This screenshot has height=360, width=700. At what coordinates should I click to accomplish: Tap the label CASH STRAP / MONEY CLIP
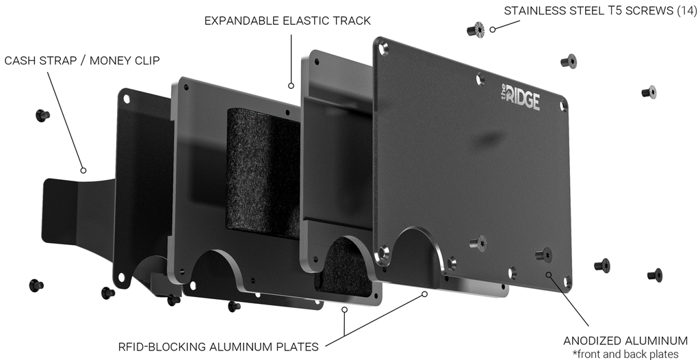(x=82, y=61)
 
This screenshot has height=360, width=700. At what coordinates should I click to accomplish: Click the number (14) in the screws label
(x=686, y=11)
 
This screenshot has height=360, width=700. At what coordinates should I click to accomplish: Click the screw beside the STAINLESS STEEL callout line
(x=475, y=29)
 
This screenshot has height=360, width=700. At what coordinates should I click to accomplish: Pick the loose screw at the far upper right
(x=649, y=92)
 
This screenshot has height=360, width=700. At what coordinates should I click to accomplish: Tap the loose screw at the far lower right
(x=655, y=274)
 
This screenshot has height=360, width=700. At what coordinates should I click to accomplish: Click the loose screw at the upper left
(x=42, y=115)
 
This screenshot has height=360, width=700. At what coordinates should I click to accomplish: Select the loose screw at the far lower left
(x=36, y=284)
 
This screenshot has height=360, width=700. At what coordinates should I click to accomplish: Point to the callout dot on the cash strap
(x=83, y=170)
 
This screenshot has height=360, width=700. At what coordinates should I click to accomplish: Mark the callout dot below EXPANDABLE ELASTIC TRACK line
(x=291, y=86)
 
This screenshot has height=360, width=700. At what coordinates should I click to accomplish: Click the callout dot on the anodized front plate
(x=548, y=274)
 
